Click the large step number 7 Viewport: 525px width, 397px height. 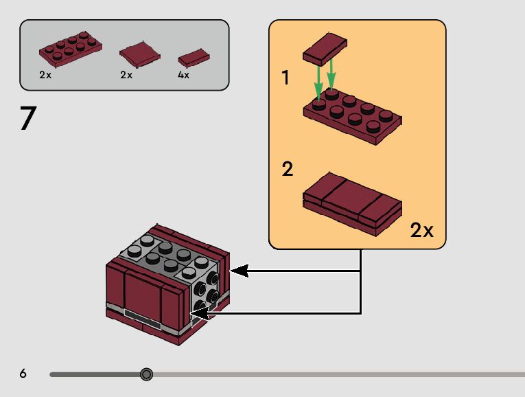click(28, 118)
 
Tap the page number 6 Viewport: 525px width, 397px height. click(23, 374)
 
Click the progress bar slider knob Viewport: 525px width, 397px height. click(146, 374)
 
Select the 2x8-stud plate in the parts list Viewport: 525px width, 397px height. click(70, 49)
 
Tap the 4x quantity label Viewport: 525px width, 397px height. click(183, 75)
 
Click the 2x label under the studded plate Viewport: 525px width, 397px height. click(45, 75)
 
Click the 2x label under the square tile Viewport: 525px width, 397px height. click(126, 75)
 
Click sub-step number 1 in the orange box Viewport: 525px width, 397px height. click(285, 78)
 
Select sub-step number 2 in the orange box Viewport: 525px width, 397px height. click(288, 169)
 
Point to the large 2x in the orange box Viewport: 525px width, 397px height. click(421, 230)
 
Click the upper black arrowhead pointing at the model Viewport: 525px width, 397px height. click(237, 271)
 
